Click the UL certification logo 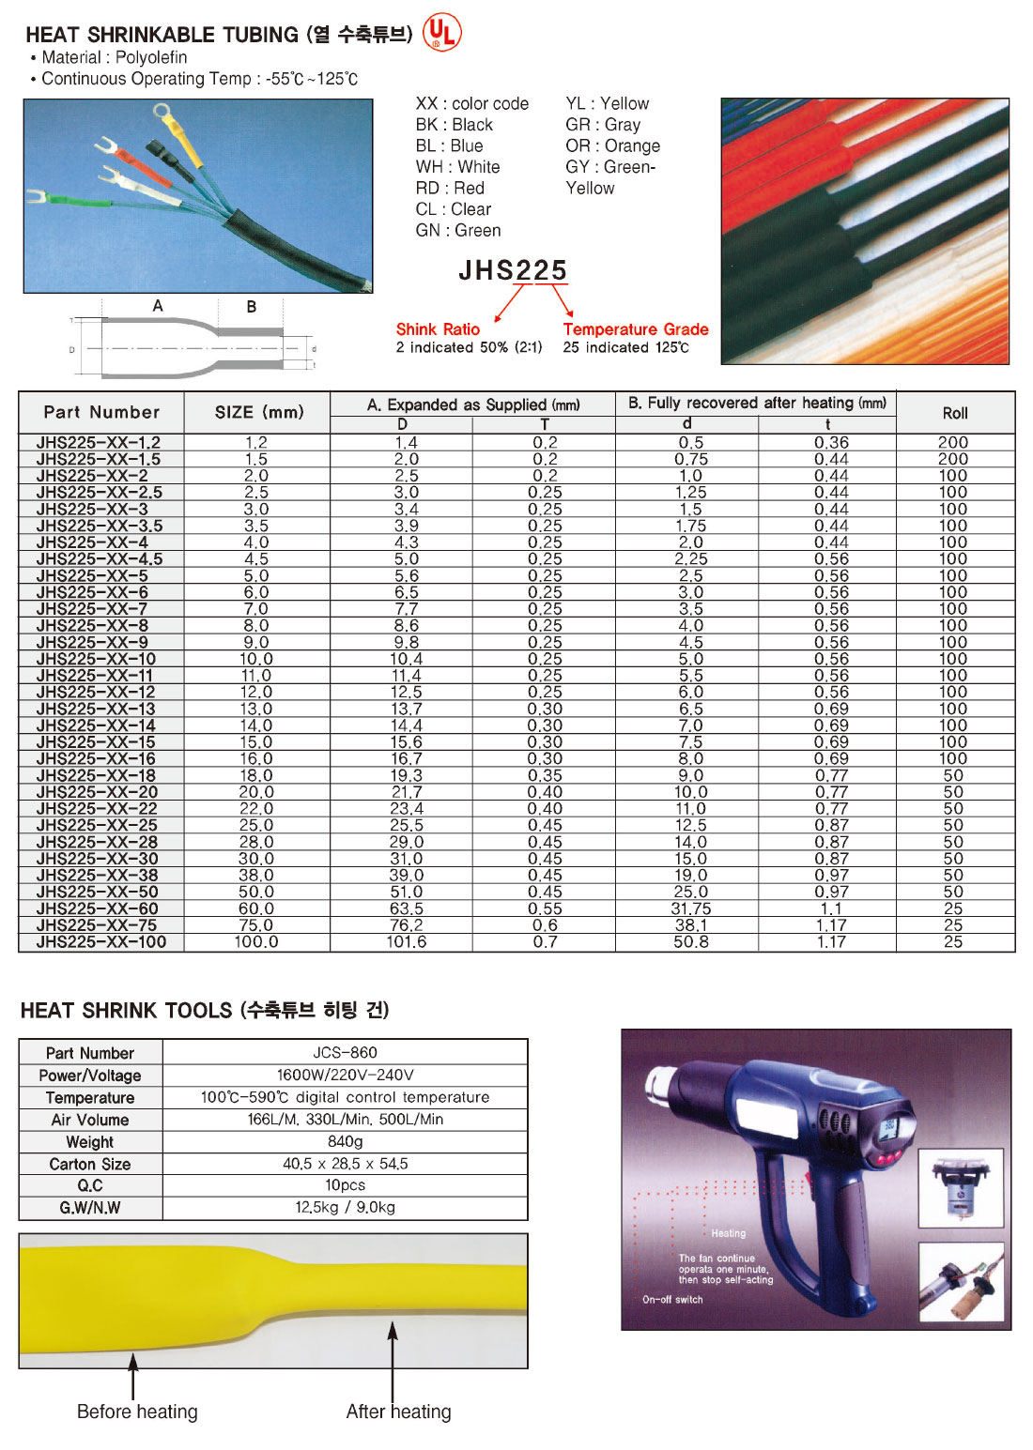pyautogui.click(x=442, y=32)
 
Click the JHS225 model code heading pyautogui.click(x=513, y=270)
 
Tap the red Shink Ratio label pyautogui.click(x=438, y=329)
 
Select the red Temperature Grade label pyautogui.click(x=636, y=329)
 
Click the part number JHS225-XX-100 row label pyautogui.click(x=101, y=942)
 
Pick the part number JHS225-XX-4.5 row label pyautogui.click(x=100, y=559)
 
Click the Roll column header pyautogui.click(x=955, y=413)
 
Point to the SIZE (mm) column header pyautogui.click(x=259, y=412)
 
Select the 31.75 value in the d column pyautogui.click(x=690, y=908)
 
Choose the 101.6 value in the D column pyautogui.click(x=406, y=942)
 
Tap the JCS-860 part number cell pyautogui.click(x=345, y=1052)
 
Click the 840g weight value pyautogui.click(x=345, y=1141)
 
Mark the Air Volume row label pyautogui.click(x=90, y=1120)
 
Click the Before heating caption pyautogui.click(x=137, y=1412)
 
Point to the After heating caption pyautogui.click(x=398, y=1412)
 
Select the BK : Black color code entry pyautogui.click(x=455, y=125)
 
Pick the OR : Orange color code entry pyautogui.click(x=612, y=145)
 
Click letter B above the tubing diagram pyautogui.click(x=252, y=307)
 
